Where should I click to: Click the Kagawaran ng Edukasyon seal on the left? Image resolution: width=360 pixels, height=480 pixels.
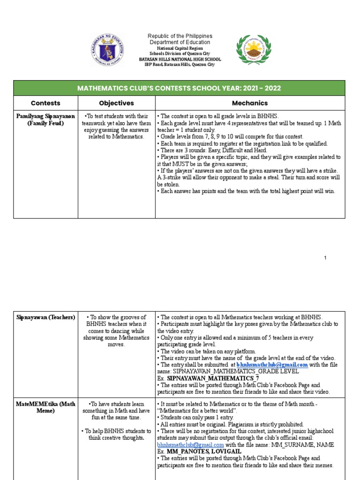[x=108, y=50]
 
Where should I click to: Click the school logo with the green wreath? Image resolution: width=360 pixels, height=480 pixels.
[x=253, y=50]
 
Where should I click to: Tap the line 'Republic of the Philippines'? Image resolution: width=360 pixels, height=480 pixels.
[x=180, y=36]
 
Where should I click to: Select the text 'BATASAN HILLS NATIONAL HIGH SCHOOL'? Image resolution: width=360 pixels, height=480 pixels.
[x=180, y=60]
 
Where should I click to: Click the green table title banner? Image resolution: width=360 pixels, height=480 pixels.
[x=180, y=88]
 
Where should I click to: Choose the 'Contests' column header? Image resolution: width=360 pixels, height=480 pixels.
[x=45, y=103]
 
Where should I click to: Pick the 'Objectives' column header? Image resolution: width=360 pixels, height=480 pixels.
[x=116, y=103]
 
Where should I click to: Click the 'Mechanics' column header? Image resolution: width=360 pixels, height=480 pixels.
[x=250, y=103]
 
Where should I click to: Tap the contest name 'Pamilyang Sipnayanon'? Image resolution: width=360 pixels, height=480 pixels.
[x=45, y=116]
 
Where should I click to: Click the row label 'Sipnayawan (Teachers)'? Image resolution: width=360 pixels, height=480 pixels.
[x=45, y=317]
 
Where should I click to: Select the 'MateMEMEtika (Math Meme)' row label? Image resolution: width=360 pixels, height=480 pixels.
[x=45, y=407]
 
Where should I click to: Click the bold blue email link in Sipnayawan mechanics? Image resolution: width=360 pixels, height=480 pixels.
[x=272, y=365]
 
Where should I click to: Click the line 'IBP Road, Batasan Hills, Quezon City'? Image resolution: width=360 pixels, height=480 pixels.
[x=180, y=65]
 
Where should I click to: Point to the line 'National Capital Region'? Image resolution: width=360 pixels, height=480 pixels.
[x=180, y=48]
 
